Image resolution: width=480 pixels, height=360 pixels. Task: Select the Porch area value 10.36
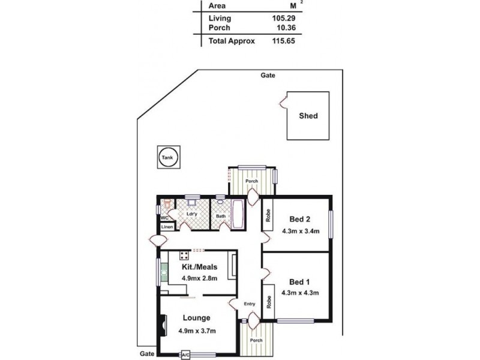[x=283, y=28]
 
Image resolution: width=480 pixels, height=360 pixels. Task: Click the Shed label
[x=308, y=116]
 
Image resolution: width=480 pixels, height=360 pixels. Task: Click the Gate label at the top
[x=268, y=76]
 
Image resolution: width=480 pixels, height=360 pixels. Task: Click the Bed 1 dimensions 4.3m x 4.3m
[x=299, y=293]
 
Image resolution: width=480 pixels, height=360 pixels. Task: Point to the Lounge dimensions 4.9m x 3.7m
[x=197, y=331]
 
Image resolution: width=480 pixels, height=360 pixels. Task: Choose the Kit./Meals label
[x=199, y=267]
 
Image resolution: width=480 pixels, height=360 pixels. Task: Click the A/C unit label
[x=185, y=355]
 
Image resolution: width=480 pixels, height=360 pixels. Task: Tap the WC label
[x=164, y=218]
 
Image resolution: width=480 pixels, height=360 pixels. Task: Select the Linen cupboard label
[x=166, y=227]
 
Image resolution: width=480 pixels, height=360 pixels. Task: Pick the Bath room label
[x=221, y=216]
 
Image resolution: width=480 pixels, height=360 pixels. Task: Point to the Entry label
[x=250, y=304]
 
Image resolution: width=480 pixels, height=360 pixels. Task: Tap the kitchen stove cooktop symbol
[x=184, y=254]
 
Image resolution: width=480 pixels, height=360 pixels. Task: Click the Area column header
[x=217, y=5]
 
